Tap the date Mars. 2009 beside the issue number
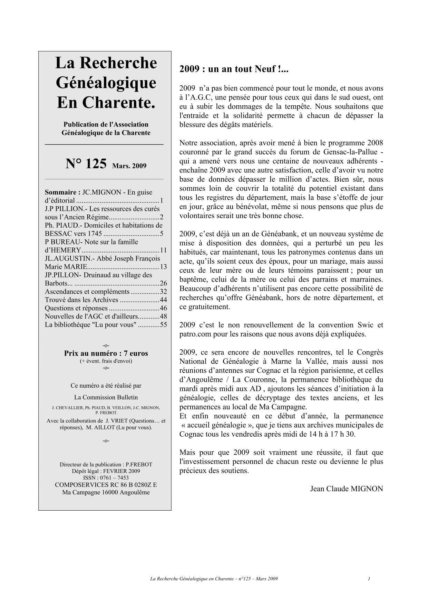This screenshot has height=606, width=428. (129, 166)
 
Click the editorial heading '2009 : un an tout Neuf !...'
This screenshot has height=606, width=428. (234, 69)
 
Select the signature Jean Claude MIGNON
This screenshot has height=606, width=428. (346, 489)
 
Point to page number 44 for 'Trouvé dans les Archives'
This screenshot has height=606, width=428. (163, 300)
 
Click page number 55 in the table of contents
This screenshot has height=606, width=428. (163, 325)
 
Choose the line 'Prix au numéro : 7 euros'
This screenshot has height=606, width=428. (106, 353)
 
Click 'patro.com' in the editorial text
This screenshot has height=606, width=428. (195, 334)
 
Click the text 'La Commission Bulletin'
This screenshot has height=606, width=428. (106, 397)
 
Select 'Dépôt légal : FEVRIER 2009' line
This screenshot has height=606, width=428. (106, 471)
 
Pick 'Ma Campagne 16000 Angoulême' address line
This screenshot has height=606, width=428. (106, 492)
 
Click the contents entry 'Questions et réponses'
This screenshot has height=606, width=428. (76, 308)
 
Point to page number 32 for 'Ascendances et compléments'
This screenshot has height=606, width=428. (163, 292)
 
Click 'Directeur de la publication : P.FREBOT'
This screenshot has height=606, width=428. (106, 465)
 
